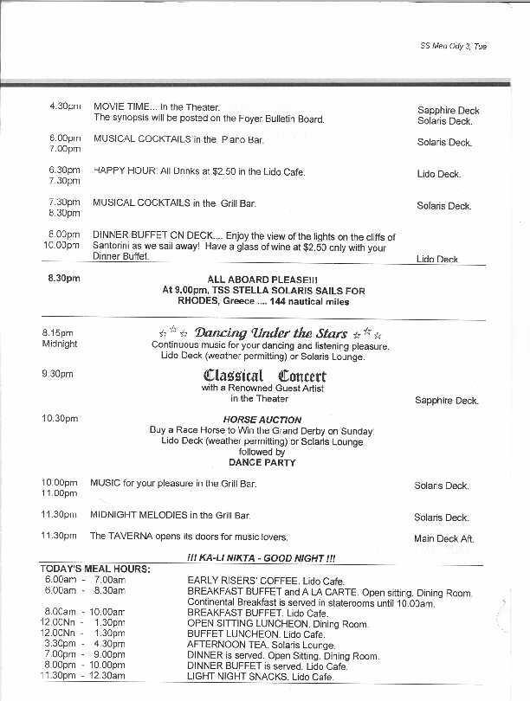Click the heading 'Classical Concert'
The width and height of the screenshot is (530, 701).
[x=264, y=375]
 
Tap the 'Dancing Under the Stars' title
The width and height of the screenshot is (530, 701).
[x=270, y=333]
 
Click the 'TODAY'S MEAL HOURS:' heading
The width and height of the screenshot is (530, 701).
[x=95, y=569]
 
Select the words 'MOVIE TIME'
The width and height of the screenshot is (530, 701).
[x=120, y=106]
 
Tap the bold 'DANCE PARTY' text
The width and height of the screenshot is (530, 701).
[x=262, y=462]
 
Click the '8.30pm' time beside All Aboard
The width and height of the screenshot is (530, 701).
[x=64, y=279]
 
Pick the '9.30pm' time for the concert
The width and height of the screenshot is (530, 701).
[x=57, y=374]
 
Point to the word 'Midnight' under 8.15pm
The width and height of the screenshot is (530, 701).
[x=60, y=344]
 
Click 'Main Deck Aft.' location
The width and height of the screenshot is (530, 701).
[x=444, y=538]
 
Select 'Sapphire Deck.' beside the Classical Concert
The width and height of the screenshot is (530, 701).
[x=447, y=401]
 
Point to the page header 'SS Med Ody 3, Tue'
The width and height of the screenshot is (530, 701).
[x=453, y=47]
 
